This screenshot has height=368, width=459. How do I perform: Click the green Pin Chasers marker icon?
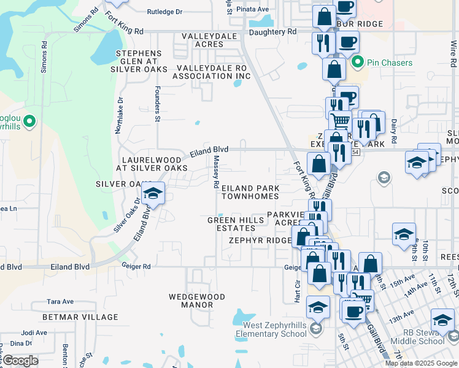click(x=357, y=63)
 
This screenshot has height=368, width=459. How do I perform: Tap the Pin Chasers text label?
click(x=390, y=63)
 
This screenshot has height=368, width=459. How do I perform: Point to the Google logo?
click(x=20, y=361)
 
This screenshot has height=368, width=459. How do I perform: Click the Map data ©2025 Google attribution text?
click(x=421, y=363)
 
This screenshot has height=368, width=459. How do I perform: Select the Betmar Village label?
click(x=80, y=317)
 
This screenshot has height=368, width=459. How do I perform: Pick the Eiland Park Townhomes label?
click(x=250, y=192)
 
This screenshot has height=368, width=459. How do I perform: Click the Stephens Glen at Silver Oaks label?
click(x=142, y=61)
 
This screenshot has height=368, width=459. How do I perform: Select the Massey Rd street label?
click(x=216, y=171)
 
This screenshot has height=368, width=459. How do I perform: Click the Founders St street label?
click(x=158, y=108)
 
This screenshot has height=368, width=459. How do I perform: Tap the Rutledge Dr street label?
click(x=165, y=12)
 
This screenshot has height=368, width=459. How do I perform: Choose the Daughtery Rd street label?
click(x=272, y=31)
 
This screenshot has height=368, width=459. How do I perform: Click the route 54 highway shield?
click(x=355, y=151)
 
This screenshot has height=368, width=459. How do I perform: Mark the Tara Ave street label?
click(x=60, y=302)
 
